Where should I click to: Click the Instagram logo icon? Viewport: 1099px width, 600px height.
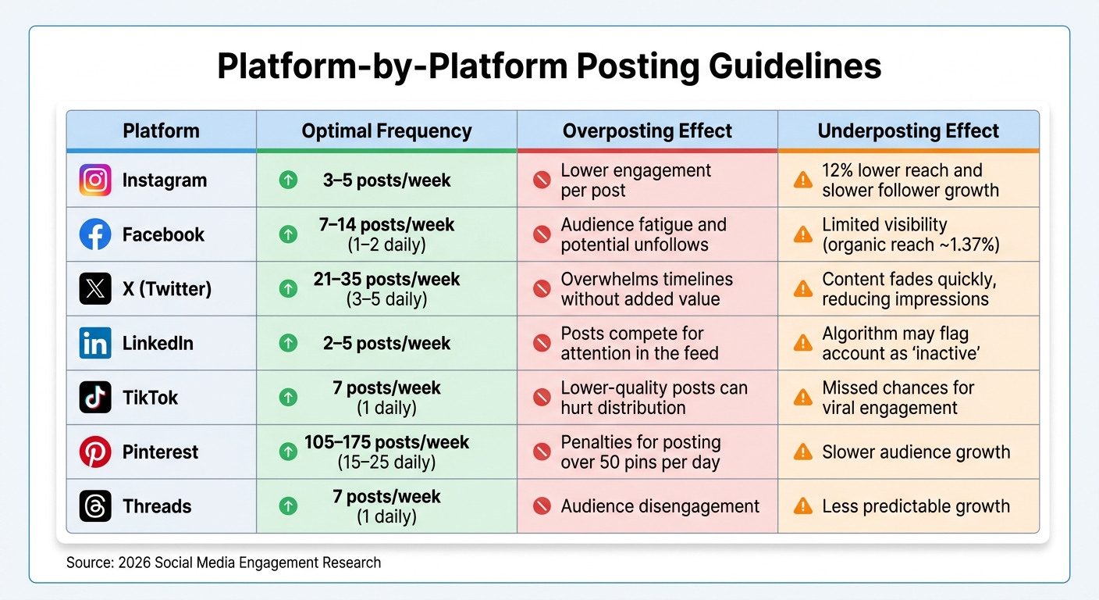pyautogui.click(x=95, y=180)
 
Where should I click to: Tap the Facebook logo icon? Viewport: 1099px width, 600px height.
pyautogui.click(x=95, y=234)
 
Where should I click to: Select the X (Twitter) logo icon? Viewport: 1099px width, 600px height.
pyautogui.click(x=95, y=289)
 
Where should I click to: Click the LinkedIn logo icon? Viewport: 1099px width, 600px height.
pyautogui.click(x=95, y=343)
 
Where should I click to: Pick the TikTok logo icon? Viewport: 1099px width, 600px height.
pyautogui.click(x=95, y=398)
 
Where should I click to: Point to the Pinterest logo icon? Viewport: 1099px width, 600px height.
pyautogui.click(x=95, y=452)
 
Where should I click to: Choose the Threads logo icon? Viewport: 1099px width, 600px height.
pyautogui.click(x=95, y=506)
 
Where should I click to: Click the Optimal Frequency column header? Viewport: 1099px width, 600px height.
pyautogui.click(x=386, y=130)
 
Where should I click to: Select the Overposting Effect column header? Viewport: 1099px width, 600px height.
pyautogui.click(x=647, y=130)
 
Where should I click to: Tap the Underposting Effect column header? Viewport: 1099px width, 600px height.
pyautogui.click(x=908, y=130)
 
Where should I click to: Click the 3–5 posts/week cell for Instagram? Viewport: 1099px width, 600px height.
pyautogui.click(x=386, y=180)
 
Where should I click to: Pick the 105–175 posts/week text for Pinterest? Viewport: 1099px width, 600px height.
pyautogui.click(x=386, y=442)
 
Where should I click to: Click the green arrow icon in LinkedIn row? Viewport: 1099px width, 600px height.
pyautogui.click(x=288, y=343)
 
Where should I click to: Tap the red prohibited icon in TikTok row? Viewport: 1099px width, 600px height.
pyautogui.click(x=542, y=398)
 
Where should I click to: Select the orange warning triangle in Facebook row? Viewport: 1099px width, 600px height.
pyautogui.click(x=802, y=234)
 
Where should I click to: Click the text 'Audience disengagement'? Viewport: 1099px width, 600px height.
pyautogui.click(x=660, y=506)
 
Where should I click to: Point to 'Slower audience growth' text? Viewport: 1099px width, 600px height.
pyautogui.click(x=916, y=452)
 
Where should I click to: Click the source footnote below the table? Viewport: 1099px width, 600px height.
pyautogui.click(x=223, y=562)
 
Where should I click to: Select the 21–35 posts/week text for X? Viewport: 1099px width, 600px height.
pyautogui.click(x=386, y=279)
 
